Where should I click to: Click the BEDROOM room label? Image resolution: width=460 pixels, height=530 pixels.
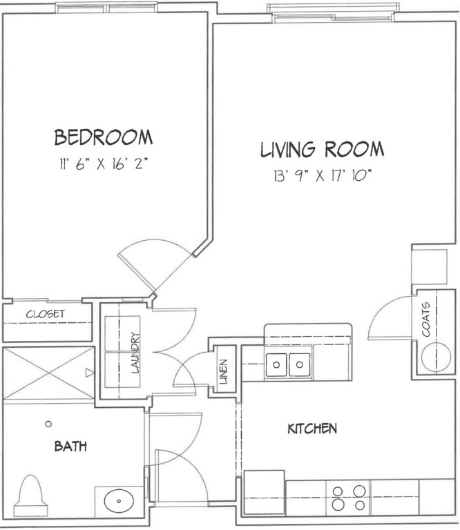[104, 137]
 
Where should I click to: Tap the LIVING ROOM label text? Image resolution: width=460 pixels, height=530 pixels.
[323, 150]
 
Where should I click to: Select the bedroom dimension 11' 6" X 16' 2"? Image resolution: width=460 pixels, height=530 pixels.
[104, 164]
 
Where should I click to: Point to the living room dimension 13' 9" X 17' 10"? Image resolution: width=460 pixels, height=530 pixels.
[323, 176]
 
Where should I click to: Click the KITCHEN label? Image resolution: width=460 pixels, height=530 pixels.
[312, 429]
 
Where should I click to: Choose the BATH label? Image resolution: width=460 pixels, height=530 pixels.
[70, 446]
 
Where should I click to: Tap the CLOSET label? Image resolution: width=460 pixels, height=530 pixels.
[46, 314]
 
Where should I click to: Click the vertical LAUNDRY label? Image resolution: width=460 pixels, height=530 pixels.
[135, 353]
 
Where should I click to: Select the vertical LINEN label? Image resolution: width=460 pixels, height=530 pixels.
[224, 372]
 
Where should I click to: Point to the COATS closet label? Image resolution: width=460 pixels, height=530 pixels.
[426, 320]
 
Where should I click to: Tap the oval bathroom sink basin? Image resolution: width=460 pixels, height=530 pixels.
[119, 501]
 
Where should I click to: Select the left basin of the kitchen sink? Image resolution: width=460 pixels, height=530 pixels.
[277, 364]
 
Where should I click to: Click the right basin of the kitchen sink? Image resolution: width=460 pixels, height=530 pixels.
[300, 364]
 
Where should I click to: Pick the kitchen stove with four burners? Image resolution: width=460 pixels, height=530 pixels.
[348, 497]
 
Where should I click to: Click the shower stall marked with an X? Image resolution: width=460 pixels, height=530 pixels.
[49, 373]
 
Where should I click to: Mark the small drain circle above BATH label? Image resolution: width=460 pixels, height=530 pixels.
[48, 424]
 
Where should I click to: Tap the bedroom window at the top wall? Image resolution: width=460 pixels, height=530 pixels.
[107, 8]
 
